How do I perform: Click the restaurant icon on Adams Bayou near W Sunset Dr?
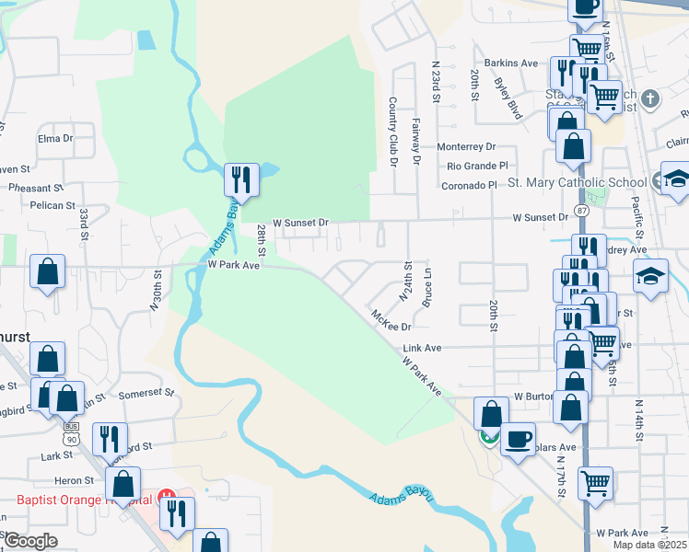(241, 178)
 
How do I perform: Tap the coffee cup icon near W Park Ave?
(518, 438)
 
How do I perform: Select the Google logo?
(29, 541)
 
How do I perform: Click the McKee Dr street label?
(391, 320)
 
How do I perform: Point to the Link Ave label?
(422, 349)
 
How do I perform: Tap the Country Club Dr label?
(392, 132)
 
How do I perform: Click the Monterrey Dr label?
(466, 146)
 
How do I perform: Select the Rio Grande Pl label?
(477, 166)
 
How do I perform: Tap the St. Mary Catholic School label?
(578, 182)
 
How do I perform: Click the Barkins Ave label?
(511, 63)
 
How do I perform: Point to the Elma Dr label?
(55, 138)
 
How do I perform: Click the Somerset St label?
(147, 393)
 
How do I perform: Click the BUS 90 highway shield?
(72, 428)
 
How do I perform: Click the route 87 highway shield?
(582, 211)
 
